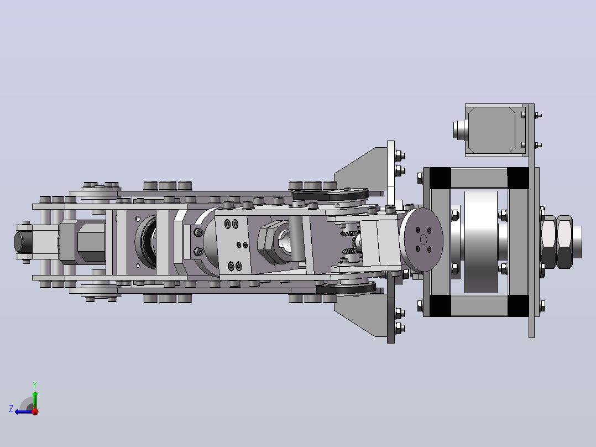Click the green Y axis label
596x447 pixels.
(35, 384)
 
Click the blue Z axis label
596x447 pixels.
(11, 409)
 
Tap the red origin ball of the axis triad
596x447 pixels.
(35, 412)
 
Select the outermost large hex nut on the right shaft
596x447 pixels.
(565, 242)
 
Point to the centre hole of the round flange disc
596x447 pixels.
(424, 240)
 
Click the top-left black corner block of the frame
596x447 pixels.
(440, 178)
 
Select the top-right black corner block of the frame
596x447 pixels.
(517, 178)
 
